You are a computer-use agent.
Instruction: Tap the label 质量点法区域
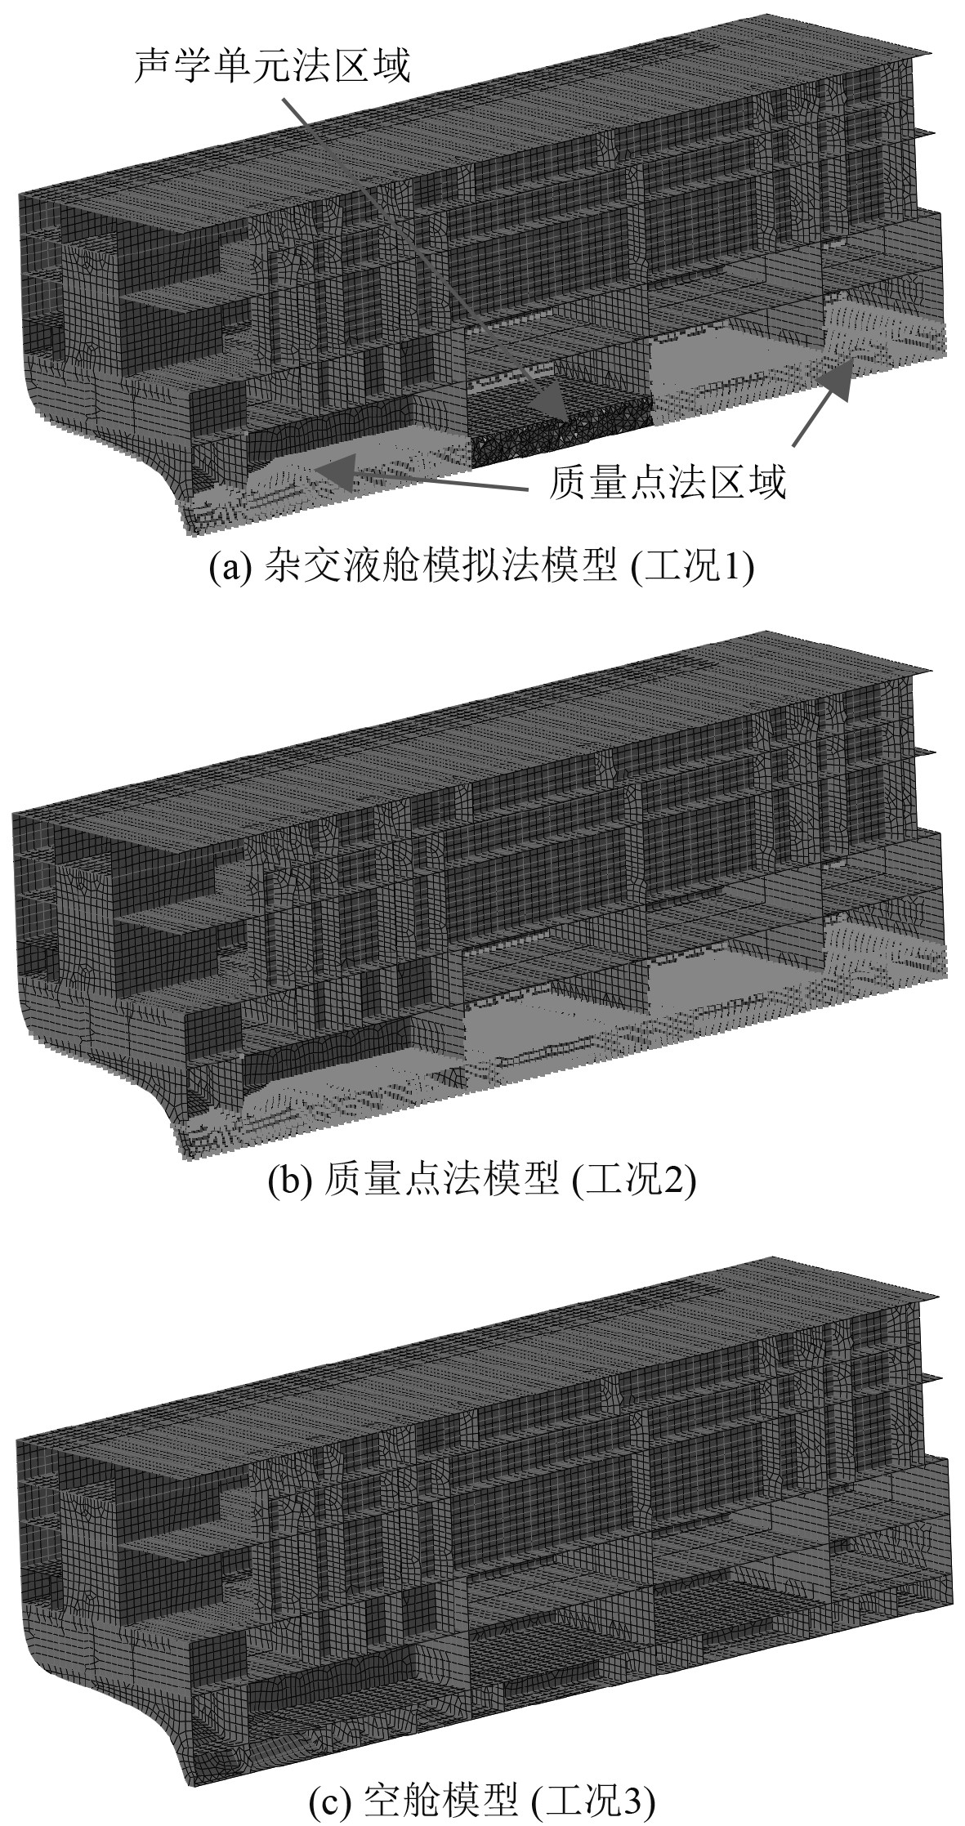pos(667,484)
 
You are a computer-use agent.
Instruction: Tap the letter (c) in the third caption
pos(328,1799)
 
